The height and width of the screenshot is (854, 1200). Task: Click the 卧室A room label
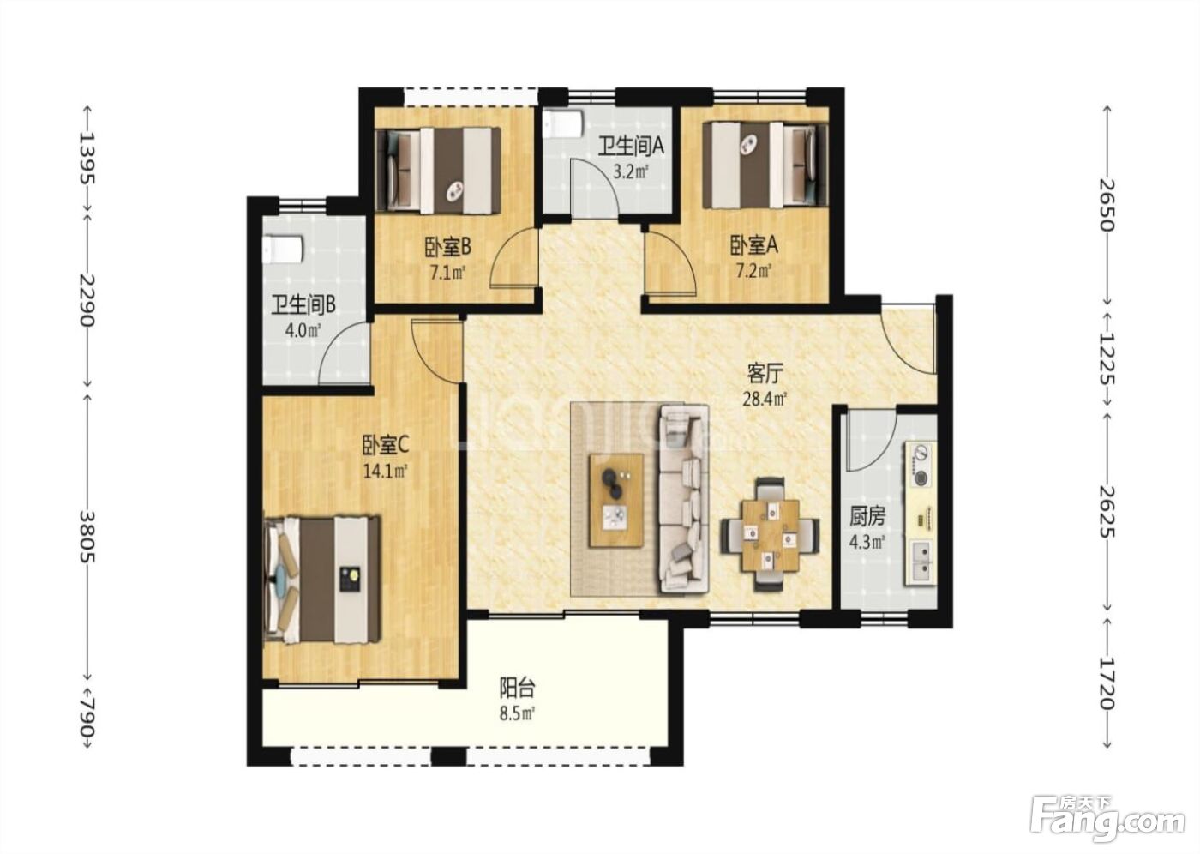pyautogui.click(x=753, y=245)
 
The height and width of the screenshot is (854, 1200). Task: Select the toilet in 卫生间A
pyautogui.click(x=563, y=124)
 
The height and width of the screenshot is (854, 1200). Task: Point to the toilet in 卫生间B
pyautogui.click(x=284, y=250)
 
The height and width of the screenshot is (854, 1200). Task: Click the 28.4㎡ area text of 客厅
pyautogui.click(x=765, y=400)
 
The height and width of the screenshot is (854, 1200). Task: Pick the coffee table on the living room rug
pyautogui.click(x=616, y=501)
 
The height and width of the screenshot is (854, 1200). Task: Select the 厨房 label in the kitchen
pyautogui.click(x=867, y=516)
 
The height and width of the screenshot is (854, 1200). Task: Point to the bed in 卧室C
pyautogui.click(x=323, y=580)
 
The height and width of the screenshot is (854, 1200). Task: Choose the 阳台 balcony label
pyautogui.click(x=517, y=688)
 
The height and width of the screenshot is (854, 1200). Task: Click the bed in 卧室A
pyautogui.click(x=765, y=165)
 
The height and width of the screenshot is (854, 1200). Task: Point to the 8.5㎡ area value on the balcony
pyautogui.click(x=517, y=713)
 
